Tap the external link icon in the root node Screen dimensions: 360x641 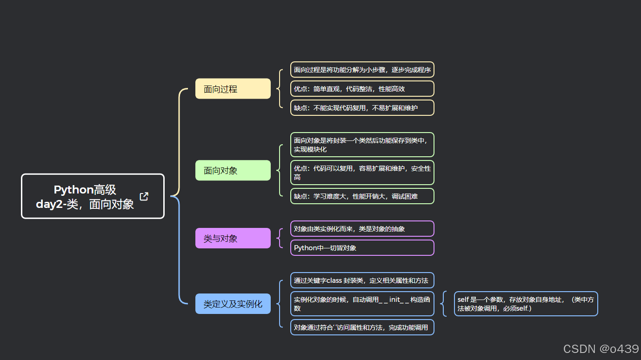(144, 196)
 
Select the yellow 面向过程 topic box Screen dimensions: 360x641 (233, 89)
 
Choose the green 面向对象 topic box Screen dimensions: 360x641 (233, 171)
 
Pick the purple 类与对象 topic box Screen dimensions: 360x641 (233, 239)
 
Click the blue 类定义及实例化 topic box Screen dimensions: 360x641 (233, 304)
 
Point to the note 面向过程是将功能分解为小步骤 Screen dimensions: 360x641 (362, 70)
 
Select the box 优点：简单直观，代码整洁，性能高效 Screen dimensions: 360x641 (362, 89)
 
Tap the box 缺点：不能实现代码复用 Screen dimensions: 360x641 (362, 108)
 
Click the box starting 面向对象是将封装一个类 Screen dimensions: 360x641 (362, 145)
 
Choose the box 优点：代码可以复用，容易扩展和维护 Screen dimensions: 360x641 (362, 173)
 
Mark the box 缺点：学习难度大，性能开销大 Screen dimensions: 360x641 (362, 196)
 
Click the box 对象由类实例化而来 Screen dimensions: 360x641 (362, 229)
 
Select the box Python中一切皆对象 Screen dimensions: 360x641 (362, 248)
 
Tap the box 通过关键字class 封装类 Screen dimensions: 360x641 (362, 280)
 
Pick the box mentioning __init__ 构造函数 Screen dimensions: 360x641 (362, 304)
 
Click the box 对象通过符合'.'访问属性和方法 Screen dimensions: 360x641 (362, 327)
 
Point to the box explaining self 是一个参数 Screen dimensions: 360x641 (526, 304)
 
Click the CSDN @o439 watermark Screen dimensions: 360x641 (601, 349)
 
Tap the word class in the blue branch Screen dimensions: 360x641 (334, 280)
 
